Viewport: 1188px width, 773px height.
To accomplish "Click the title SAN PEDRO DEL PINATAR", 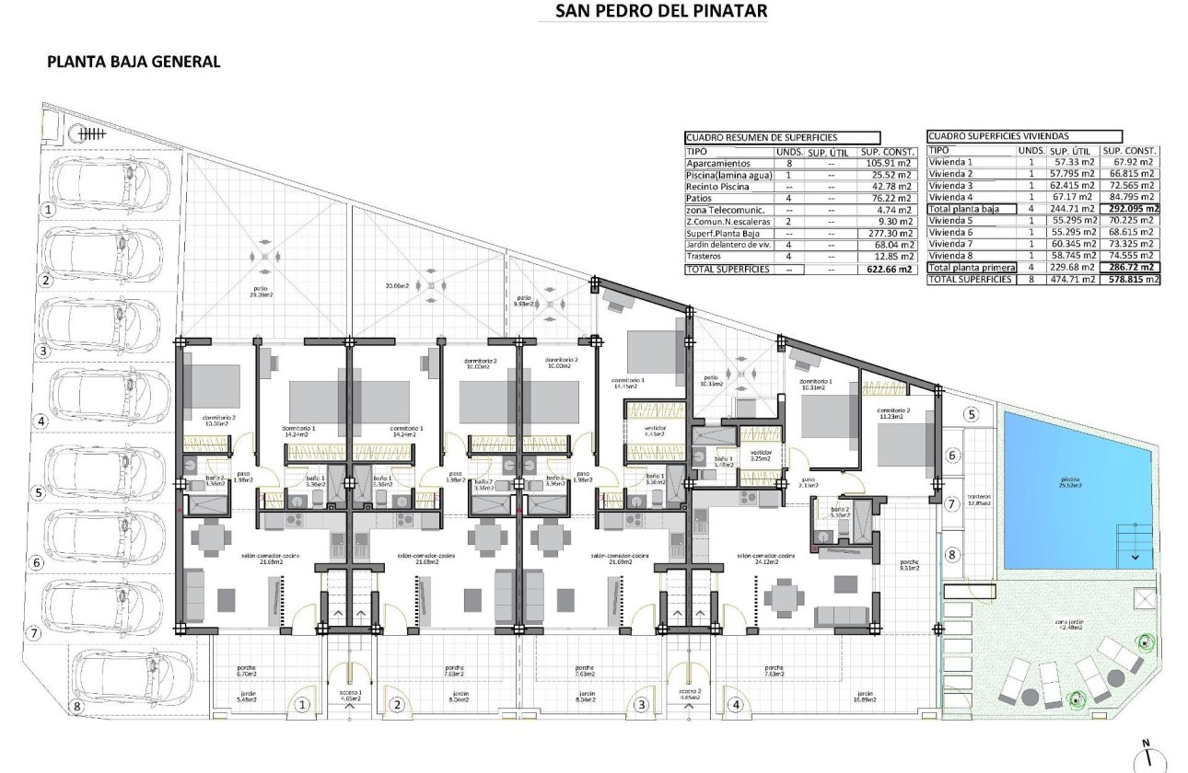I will pos(661,11).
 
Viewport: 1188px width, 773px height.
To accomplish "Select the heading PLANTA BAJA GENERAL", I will pos(134,63).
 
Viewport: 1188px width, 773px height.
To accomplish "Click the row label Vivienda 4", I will pos(951,197).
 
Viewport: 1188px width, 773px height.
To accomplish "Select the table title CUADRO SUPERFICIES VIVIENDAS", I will pos(998,135).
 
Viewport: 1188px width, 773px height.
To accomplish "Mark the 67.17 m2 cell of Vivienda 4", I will pos(1073,197).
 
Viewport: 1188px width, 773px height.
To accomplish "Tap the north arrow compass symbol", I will pos(1146,755).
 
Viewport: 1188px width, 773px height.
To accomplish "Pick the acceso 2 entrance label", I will pos(691,695).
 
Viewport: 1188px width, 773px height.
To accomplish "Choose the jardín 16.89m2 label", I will pos(863,697).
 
